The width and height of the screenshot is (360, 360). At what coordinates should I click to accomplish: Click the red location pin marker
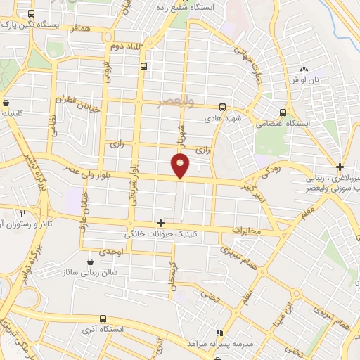point(181,166)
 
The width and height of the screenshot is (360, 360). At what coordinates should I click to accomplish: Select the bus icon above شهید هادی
point(222,108)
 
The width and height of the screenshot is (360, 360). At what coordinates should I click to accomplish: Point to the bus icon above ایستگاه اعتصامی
point(283,112)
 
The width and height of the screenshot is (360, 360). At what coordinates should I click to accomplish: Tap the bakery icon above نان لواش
point(304,69)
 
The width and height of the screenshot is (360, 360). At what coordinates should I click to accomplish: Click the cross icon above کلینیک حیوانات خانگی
point(161,223)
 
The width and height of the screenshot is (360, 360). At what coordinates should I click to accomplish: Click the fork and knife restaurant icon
point(22,212)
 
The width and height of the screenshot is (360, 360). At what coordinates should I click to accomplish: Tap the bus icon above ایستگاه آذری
point(103,319)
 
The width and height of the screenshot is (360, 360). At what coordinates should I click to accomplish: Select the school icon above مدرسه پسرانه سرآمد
point(219,332)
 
